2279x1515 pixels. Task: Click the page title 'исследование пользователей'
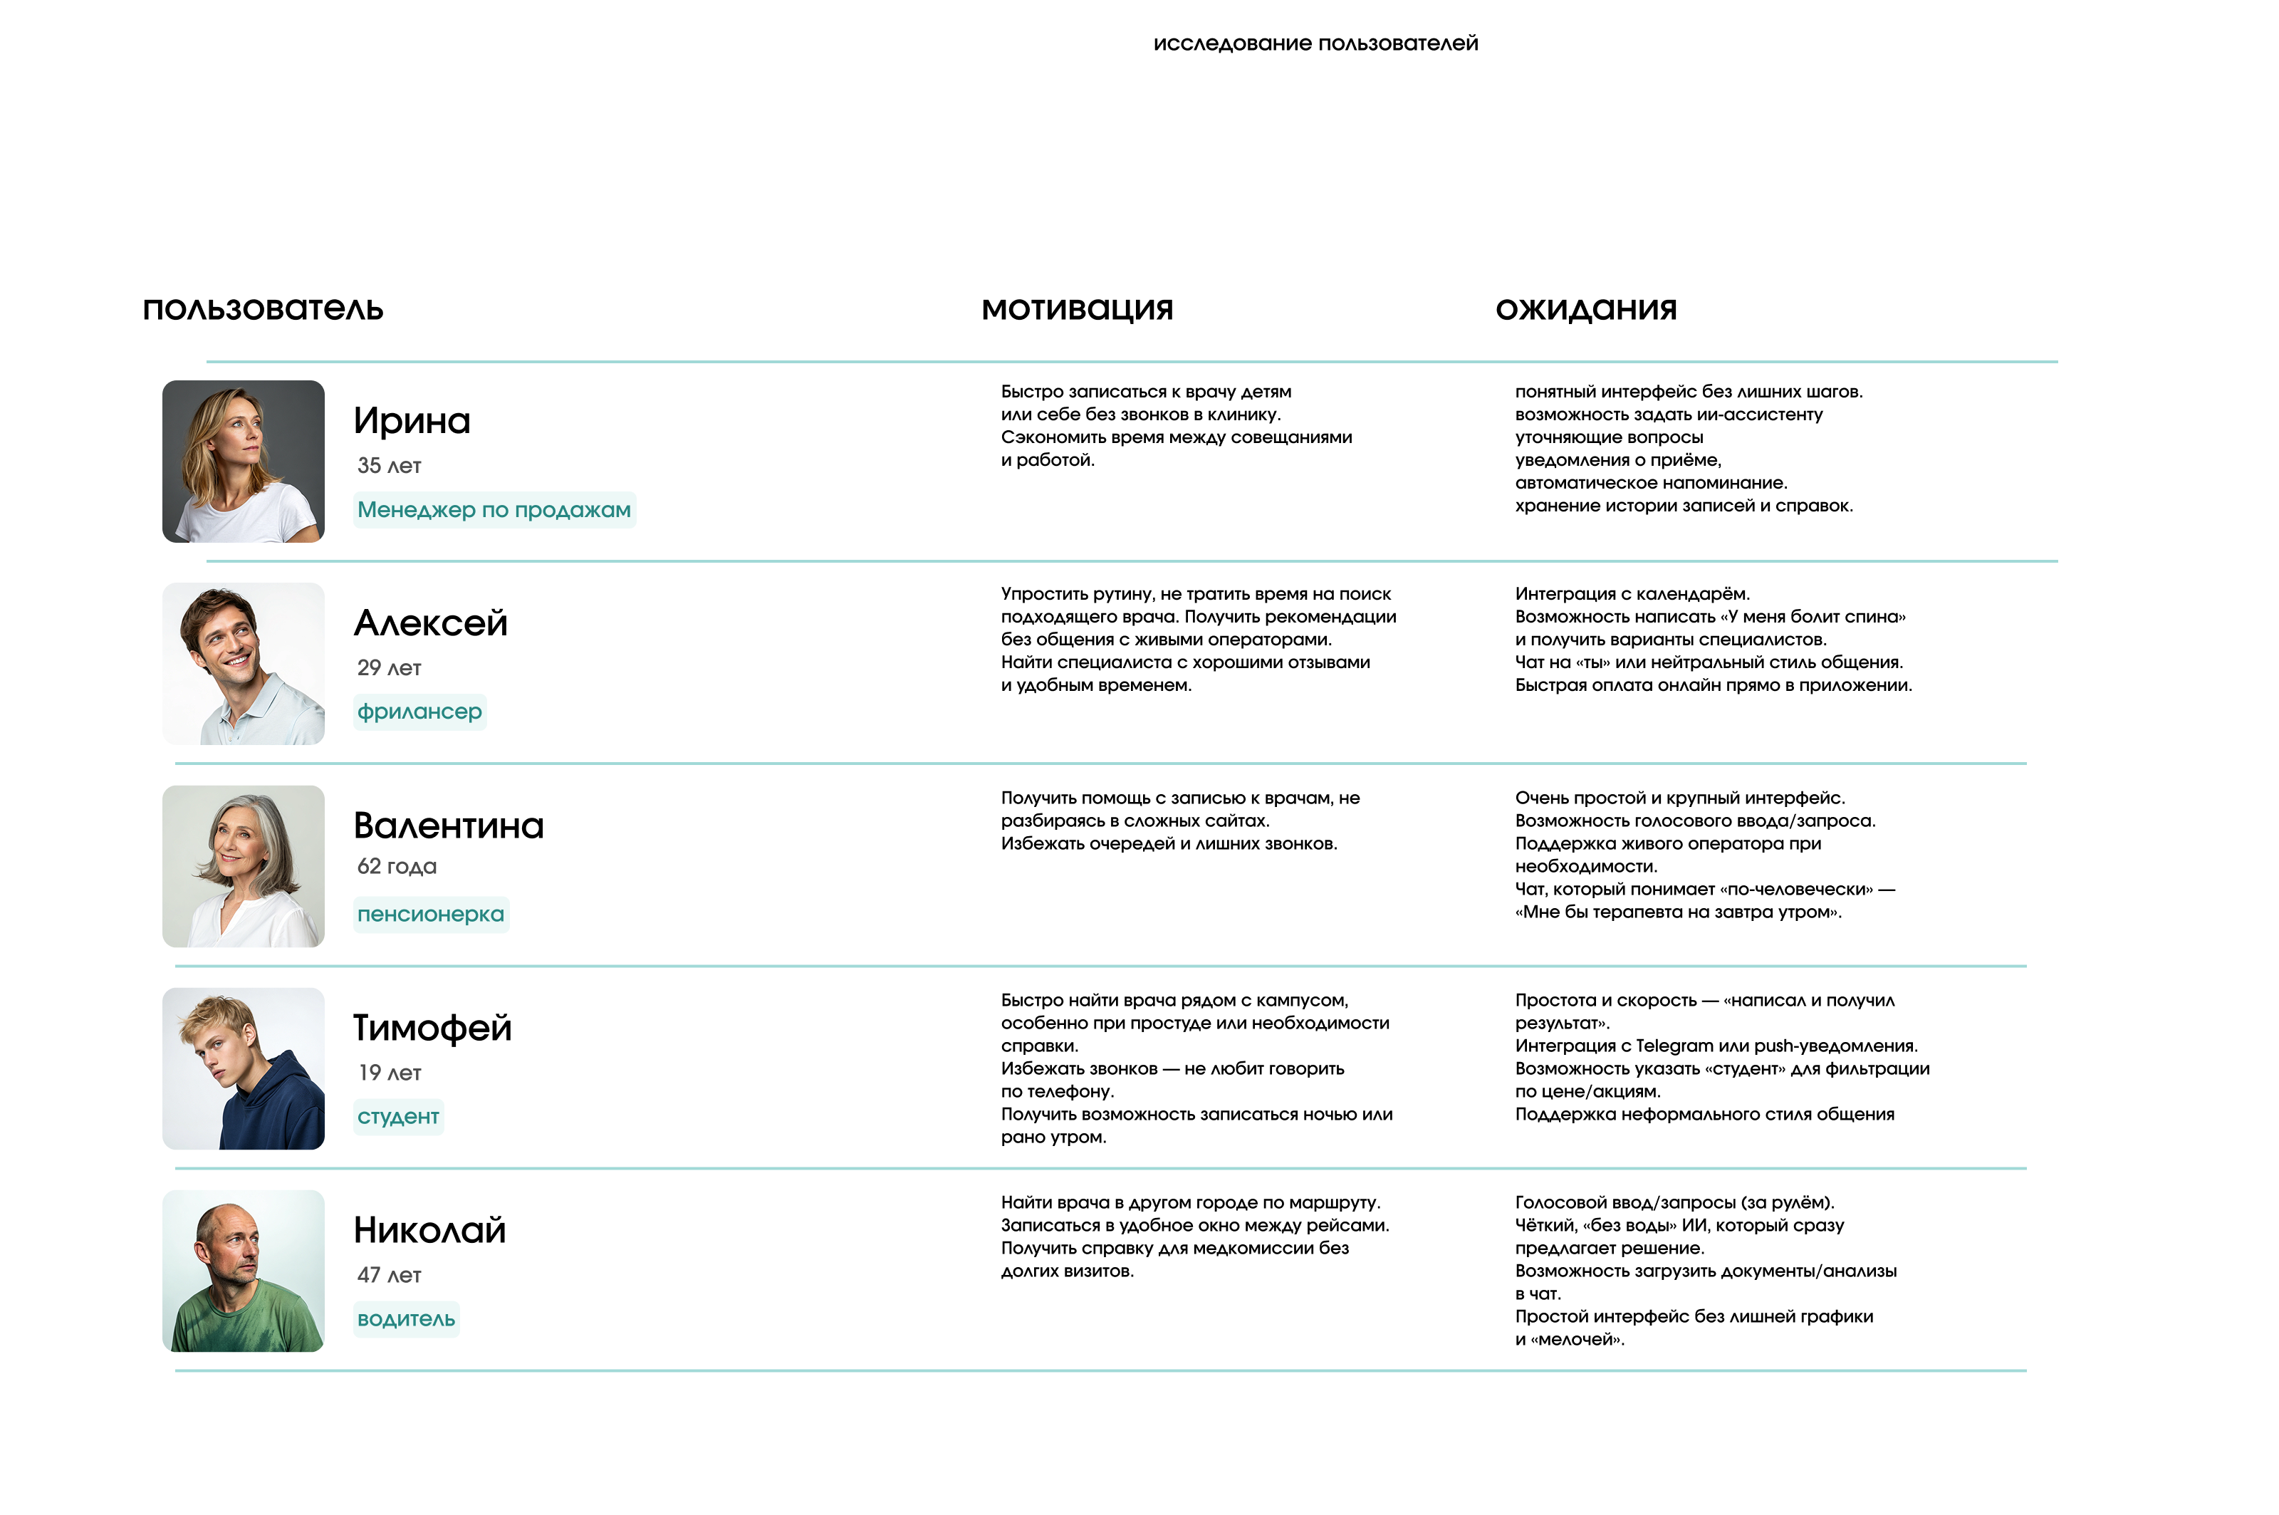click(1315, 43)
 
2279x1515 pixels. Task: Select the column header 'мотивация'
click(1078, 309)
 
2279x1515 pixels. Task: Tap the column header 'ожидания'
click(1585, 309)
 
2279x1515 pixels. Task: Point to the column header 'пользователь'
click(263, 309)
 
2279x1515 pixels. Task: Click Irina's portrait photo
click(244, 461)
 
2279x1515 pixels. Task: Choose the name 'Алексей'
click(431, 623)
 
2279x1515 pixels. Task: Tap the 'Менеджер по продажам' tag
click(494, 510)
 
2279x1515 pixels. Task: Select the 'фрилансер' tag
click(419, 712)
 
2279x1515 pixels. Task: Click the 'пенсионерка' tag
click(431, 914)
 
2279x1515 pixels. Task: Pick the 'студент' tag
click(398, 1117)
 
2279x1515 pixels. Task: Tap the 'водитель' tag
click(406, 1319)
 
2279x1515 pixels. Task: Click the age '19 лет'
click(390, 1073)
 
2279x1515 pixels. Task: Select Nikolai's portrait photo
click(244, 1271)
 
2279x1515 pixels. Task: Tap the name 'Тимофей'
click(432, 1028)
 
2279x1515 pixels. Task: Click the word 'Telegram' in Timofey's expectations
click(1675, 1046)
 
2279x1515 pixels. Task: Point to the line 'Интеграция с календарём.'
click(1632, 593)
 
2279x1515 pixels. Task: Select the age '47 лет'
click(390, 1276)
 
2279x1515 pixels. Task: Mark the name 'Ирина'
click(412, 421)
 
